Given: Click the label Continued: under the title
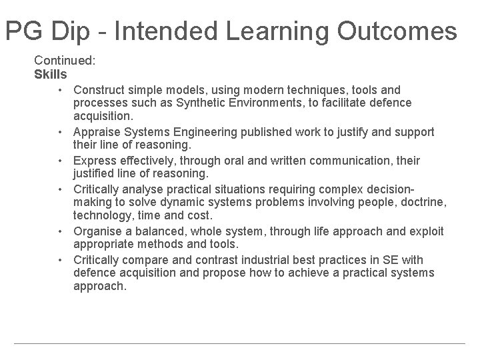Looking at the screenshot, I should (65, 60).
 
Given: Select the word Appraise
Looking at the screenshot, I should (98, 132).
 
